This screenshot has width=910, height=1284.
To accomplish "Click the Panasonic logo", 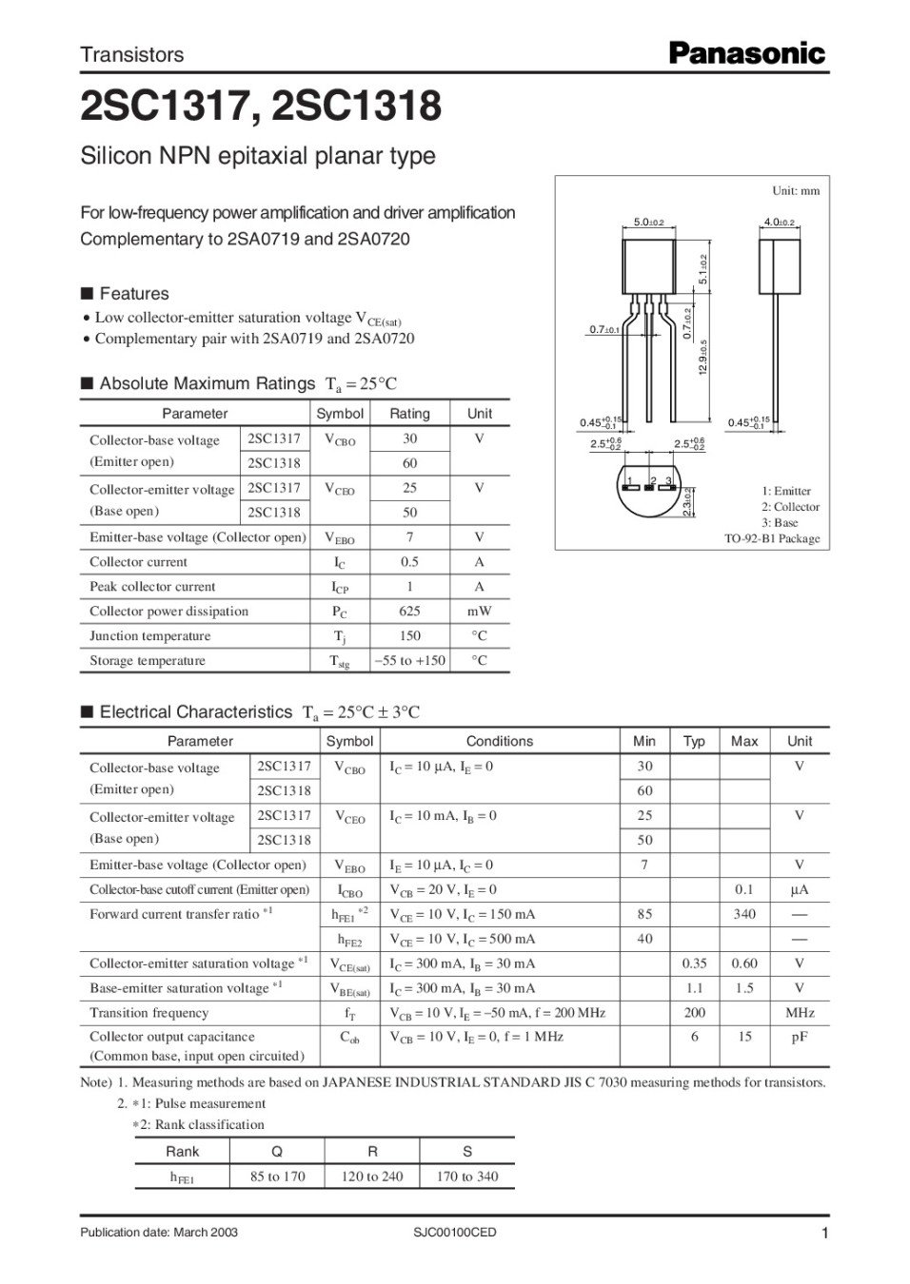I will click(x=747, y=54).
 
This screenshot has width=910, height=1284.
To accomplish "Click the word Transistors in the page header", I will click(x=131, y=55).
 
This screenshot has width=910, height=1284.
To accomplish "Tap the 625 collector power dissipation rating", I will click(x=409, y=612).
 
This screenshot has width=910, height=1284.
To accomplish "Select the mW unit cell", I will click(x=479, y=612).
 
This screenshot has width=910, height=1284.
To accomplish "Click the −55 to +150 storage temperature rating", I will click(x=409, y=661).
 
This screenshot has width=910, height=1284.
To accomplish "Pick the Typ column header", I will click(x=694, y=742).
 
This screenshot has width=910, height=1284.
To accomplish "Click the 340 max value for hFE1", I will click(x=744, y=914).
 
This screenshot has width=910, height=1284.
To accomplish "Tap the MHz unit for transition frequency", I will click(x=800, y=1013).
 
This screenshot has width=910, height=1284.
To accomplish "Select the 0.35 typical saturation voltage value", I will click(x=694, y=963).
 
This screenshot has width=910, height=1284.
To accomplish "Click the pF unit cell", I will click(x=800, y=1037).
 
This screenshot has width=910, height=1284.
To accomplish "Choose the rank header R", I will click(x=372, y=1151).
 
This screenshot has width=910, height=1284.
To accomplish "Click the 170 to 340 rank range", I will click(x=467, y=1177).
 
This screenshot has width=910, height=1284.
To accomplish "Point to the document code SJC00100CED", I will click(x=455, y=1233).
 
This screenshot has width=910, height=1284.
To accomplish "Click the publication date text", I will click(x=159, y=1233).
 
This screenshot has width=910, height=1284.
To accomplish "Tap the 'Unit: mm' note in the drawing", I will click(x=795, y=191).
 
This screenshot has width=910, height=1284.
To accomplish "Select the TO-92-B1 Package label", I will click(x=771, y=538).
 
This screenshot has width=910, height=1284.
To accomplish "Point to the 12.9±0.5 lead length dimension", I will click(x=702, y=357).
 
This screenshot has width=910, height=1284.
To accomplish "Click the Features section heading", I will click(x=133, y=294).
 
